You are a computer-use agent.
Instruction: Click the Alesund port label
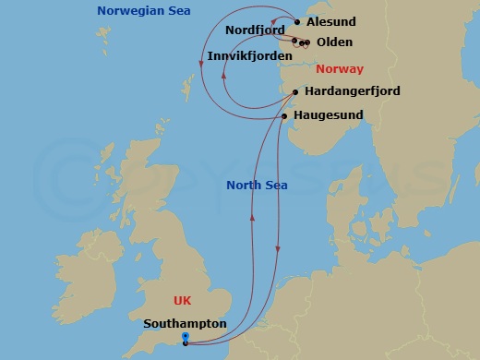point(330,22)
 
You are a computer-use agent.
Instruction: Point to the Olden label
point(333,42)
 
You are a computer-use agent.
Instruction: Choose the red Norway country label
point(340,69)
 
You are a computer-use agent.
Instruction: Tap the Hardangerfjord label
point(350,92)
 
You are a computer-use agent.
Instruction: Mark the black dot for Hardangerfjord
point(294,92)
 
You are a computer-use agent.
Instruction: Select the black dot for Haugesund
point(283,116)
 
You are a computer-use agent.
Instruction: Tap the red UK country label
point(184,301)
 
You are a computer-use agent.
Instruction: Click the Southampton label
point(185,323)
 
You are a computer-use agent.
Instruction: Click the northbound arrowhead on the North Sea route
point(252,219)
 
